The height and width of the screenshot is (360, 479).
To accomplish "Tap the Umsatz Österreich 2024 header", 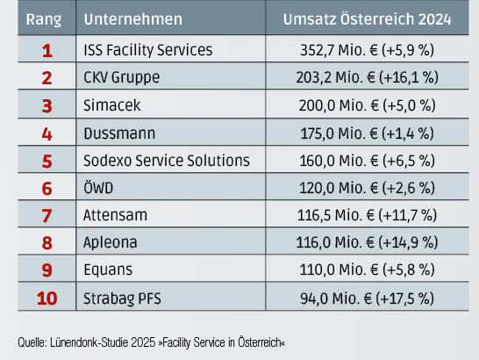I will [x=366, y=18].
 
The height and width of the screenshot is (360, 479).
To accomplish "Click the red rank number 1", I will [x=46, y=50].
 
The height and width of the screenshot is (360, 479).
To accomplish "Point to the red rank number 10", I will [x=46, y=298].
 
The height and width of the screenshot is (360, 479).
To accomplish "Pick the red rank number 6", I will [x=46, y=188].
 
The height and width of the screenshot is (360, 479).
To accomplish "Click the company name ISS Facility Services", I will [x=147, y=50].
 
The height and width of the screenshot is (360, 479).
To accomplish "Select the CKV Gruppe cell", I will [x=122, y=77].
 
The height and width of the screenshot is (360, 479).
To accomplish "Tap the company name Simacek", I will [x=113, y=105].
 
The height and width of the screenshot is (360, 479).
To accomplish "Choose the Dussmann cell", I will [x=118, y=133].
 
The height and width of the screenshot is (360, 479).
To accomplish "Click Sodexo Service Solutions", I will [x=167, y=161].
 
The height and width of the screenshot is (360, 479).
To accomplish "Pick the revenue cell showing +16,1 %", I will [x=366, y=77].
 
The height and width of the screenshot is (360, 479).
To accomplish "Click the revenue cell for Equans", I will [x=366, y=270].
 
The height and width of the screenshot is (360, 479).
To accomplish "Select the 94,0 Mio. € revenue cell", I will [x=366, y=298].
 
